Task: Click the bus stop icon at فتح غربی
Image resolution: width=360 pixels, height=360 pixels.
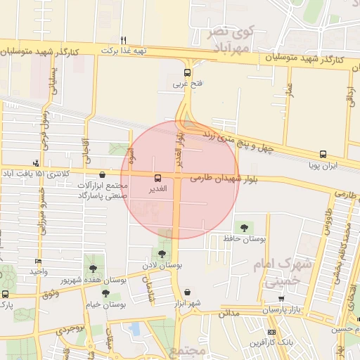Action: click(x=187, y=72)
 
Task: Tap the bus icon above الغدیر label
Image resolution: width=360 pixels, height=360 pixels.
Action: click(x=157, y=178)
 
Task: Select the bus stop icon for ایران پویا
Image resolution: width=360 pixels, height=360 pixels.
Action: click(x=323, y=154)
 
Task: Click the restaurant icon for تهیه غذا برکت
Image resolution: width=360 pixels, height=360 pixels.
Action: click(x=124, y=40)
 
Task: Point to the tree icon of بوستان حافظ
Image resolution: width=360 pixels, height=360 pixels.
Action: click(x=244, y=227)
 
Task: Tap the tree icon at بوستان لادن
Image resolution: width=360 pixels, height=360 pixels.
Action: click(x=162, y=254)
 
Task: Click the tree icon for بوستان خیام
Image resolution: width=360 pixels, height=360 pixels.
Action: click(x=105, y=293)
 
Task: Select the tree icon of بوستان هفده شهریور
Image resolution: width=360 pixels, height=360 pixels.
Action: click(x=93, y=268)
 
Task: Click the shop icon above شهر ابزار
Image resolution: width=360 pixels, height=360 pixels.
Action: click(x=187, y=292)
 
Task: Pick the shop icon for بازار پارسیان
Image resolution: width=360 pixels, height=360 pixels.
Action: click(x=282, y=299)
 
